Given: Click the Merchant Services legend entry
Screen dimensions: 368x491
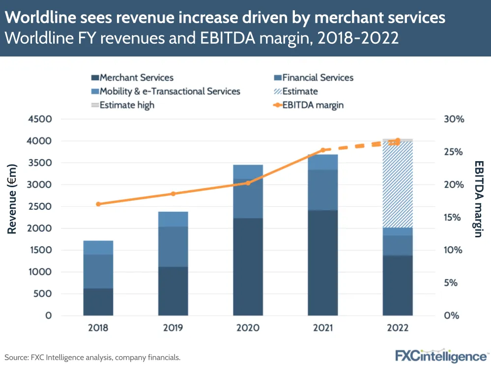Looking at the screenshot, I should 136,78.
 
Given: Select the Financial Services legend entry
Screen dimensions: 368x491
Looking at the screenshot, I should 318,78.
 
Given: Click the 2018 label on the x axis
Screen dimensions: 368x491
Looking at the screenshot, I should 98,328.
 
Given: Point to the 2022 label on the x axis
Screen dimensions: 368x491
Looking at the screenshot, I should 398,328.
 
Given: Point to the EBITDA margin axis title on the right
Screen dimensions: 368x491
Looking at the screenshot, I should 478,199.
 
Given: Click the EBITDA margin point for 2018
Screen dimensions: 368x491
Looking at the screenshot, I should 98,204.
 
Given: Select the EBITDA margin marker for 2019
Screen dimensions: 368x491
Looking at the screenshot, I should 173,194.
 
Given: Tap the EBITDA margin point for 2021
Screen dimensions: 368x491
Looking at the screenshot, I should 323,150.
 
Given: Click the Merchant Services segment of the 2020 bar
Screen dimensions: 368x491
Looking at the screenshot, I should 248,266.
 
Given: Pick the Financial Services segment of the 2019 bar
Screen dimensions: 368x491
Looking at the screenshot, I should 173,247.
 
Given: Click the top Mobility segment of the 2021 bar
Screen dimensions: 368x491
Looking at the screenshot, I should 323,162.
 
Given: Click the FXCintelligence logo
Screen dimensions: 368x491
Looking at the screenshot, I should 441,356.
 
